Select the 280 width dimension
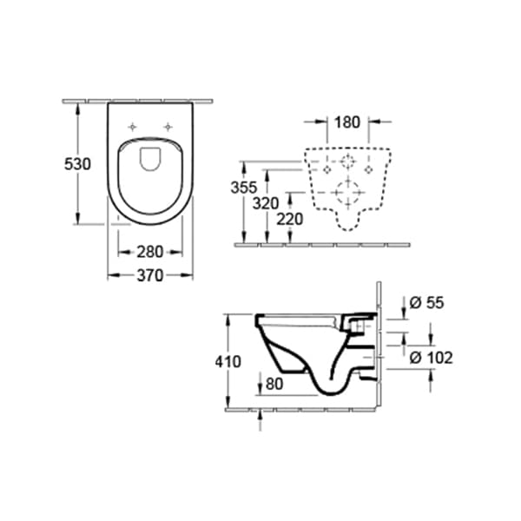tap(151, 253)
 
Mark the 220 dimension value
tap(289, 220)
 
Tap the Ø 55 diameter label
tap(425, 302)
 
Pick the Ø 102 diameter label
tap(431, 357)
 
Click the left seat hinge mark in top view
tap(133, 126)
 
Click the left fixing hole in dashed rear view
tap(326, 170)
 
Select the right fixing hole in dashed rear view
tap(370, 170)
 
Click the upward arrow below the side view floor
tap(260, 421)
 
